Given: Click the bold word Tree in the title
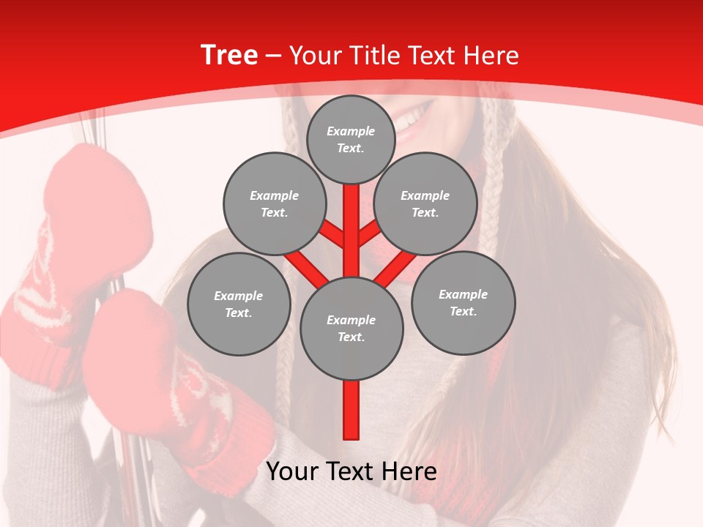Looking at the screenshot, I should click(229, 55).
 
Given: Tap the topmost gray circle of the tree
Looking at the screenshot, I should click(351, 139).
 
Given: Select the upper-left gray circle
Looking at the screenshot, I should click(274, 203).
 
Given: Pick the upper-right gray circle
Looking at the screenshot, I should click(425, 203).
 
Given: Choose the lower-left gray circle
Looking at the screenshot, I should click(239, 304).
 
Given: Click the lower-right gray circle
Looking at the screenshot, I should click(463, 302).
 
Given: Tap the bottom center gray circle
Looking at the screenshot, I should click(351, 328).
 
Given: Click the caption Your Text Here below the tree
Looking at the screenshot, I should click(351, 471).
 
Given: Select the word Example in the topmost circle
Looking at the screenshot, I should click(351, 131).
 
